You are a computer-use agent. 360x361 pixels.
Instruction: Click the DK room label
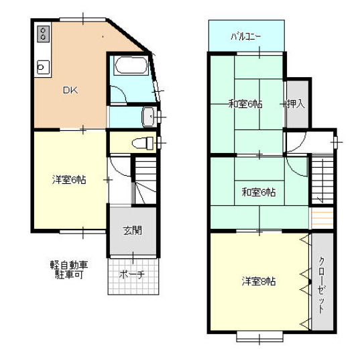[x=70, y=90]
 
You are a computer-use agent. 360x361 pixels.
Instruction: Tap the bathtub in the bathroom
[x=131, y=65]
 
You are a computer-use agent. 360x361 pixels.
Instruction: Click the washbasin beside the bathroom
[x=148, y=117]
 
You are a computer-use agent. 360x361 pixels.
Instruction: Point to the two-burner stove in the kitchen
[x=44, y=34]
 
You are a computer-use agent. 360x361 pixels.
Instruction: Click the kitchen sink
[x=43, y=67]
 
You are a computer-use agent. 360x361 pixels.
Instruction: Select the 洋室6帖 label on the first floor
[x=69, y=180]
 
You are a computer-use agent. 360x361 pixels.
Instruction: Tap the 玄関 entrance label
[x=133, y=230]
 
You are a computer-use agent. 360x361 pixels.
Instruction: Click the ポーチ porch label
[x=132, y=274]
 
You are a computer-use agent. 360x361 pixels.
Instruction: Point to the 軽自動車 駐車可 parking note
[x=69, y=270]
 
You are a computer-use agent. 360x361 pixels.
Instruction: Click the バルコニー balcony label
[x=245, y=36]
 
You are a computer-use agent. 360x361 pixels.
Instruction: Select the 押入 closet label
[x=296, y=104]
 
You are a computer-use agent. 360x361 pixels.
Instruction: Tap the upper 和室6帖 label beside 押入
[x=245, y=104]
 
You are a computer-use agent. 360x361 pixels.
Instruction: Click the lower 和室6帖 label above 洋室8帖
[x=259, y=192]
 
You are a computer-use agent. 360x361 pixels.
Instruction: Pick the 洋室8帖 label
[x=259, y=281]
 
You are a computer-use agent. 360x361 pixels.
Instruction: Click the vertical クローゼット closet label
[x=322, y=285]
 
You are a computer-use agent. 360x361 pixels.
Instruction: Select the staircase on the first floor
[x=145, y=180]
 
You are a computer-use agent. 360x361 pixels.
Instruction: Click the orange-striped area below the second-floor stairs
[x=322, y=217]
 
